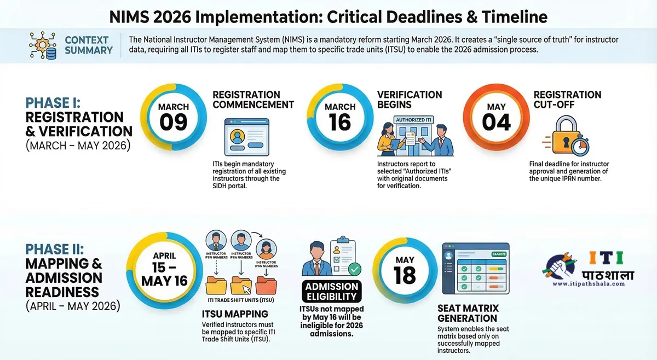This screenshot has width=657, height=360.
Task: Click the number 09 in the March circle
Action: click(174, 122)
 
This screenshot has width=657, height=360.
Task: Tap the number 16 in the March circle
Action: click(339, 122)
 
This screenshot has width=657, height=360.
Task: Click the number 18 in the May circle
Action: click(405, 275)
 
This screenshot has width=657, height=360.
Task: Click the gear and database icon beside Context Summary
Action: click(43, 45)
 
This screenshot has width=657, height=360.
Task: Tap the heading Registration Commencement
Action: click(253, 100)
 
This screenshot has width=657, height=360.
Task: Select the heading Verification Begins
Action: click(410, 100)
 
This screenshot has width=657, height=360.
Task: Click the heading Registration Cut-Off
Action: click(567, 100)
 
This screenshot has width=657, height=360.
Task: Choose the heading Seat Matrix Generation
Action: click(467, 313)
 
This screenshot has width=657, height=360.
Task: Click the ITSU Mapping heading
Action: click(235, 314)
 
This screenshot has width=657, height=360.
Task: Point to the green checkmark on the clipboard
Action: click(354, 269)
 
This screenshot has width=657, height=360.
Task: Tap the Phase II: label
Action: click(55, 249)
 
